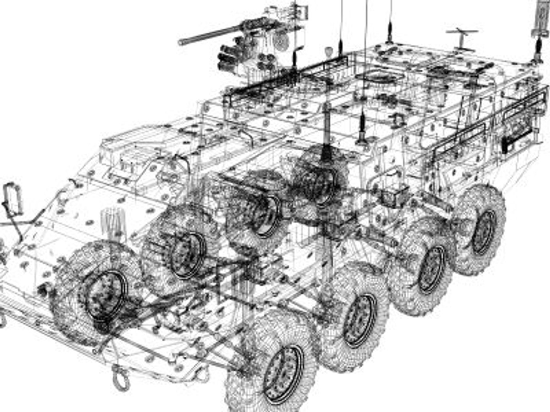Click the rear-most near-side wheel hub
(x=483, y=230)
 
